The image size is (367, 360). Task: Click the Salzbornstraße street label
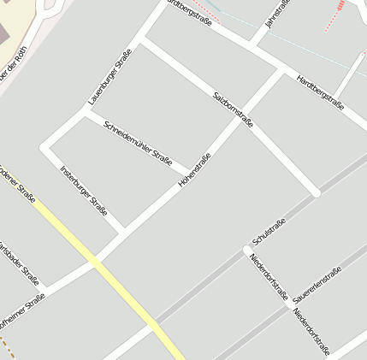click(232, 109)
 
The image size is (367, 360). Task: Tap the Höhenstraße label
click(195, 170)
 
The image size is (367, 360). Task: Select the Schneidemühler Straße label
click(138, 143)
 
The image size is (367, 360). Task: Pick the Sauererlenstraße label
click(317, 286)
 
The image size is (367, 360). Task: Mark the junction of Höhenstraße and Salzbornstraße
click(239, 119)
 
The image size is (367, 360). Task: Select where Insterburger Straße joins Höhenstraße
click(126, 229)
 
